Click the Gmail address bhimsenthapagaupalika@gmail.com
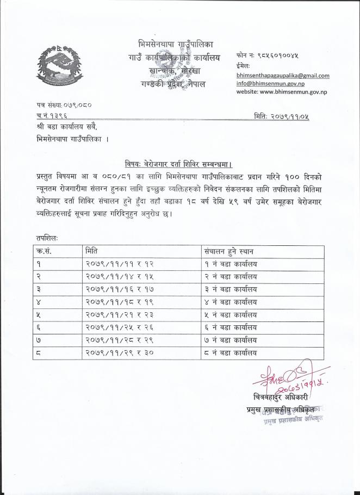tap(282, 76)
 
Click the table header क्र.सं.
tap(44, 252)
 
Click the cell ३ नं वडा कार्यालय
tap(231, 289)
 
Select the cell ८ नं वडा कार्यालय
tap(231, 353)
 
